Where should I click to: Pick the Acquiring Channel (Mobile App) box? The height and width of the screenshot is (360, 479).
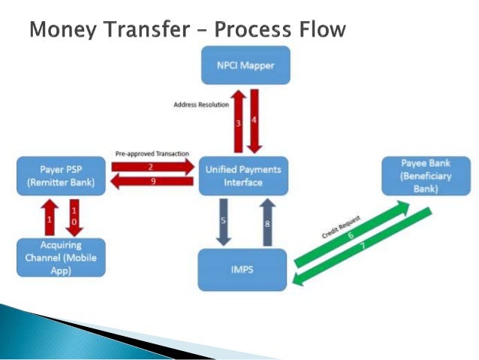tap(62, 258)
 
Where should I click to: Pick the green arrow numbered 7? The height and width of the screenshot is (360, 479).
tap(364, 252)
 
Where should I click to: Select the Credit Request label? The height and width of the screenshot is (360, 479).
tap(339, 226)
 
